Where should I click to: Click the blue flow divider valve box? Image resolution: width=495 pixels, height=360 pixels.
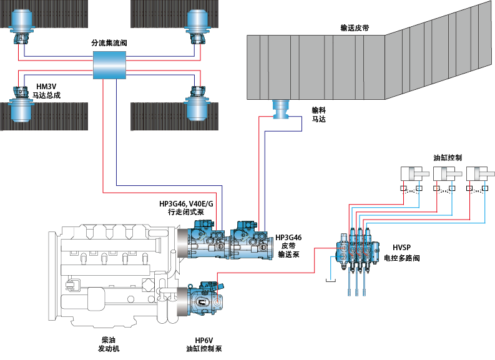pos(110,65)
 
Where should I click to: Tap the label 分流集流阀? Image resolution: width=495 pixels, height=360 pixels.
pos(110,43)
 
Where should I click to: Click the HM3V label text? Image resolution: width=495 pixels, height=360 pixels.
pos(46,86)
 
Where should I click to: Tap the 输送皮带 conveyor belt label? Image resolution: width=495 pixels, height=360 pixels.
pos(355,28)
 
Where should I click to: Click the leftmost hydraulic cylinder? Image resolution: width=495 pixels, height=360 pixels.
pos(412,175)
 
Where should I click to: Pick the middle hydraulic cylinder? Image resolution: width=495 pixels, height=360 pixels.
pos(447,175)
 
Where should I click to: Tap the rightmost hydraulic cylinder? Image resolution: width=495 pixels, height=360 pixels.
pos(481,175)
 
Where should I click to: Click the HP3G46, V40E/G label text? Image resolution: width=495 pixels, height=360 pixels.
pos(186,204)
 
